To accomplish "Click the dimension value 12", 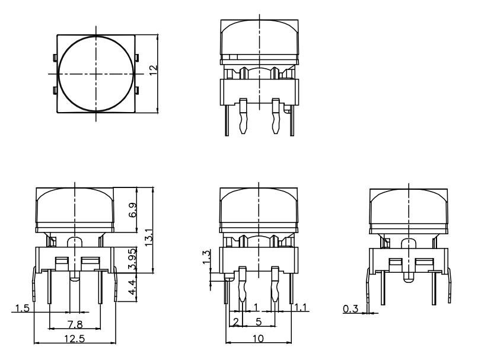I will coord(153,69).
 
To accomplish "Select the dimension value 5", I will coord(259,321).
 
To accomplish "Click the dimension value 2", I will coord(235,321).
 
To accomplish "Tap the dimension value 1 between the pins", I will coord(256,306).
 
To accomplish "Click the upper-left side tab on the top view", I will coord(55,58).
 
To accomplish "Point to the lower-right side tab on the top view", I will coord(138,91).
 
